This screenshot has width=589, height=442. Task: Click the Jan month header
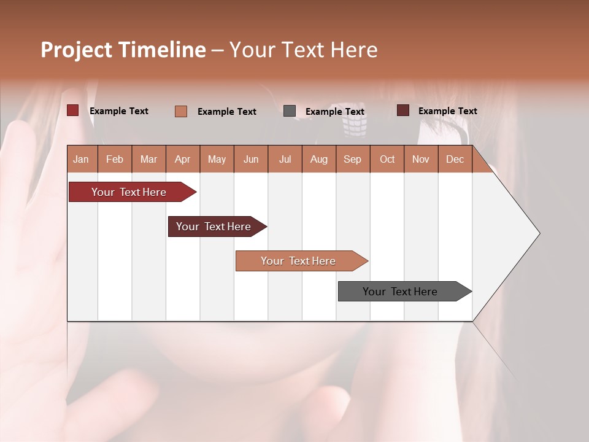click(81, 159)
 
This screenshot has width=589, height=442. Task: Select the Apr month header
click(183, 159)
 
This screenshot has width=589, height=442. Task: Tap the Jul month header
click(285, 159)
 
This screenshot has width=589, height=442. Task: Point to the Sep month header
click(352, 159)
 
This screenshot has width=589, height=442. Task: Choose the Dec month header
click(455, 159)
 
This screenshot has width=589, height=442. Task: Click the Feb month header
click(115, 159)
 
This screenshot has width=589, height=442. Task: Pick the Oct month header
click(387, 159)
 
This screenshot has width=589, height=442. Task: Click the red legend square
click(73, 110)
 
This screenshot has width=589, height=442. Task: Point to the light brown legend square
click(181, 111)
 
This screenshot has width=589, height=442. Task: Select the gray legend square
click(290, 111)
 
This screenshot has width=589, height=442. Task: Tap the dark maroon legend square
click(403, 110)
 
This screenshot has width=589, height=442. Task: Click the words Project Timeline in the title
click(123, 50)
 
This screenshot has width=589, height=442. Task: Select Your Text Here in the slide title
click(303, 50)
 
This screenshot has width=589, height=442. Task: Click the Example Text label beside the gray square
click(335, 112)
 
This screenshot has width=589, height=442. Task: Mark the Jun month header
click(251, 159)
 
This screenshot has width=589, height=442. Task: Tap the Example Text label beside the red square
click(119, 111)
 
